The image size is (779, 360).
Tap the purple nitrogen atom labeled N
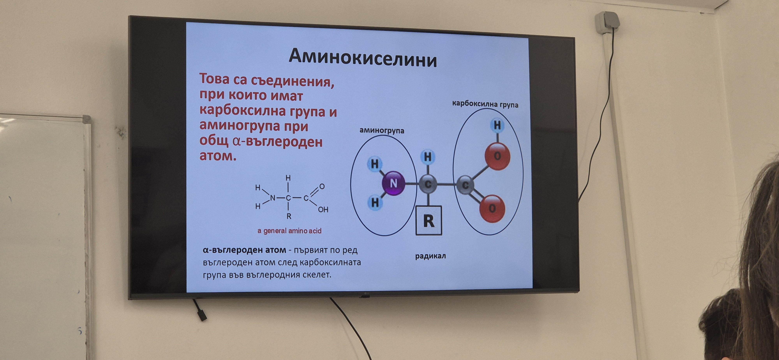(x=393, y=183)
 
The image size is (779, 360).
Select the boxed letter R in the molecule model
(x=429, y=221)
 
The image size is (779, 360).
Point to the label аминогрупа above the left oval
(x=382, y=130)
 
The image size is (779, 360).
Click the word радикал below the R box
(x=430, y=256)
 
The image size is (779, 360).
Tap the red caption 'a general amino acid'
(x=289, y=231)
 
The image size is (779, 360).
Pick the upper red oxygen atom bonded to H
(x=497, y=156)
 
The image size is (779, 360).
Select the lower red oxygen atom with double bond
(x=492, y=208)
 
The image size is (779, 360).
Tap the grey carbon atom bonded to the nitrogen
(x=428, y=184)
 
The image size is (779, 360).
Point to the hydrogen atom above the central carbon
(x=428, y=157)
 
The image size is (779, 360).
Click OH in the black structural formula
(x=323, y=210)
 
